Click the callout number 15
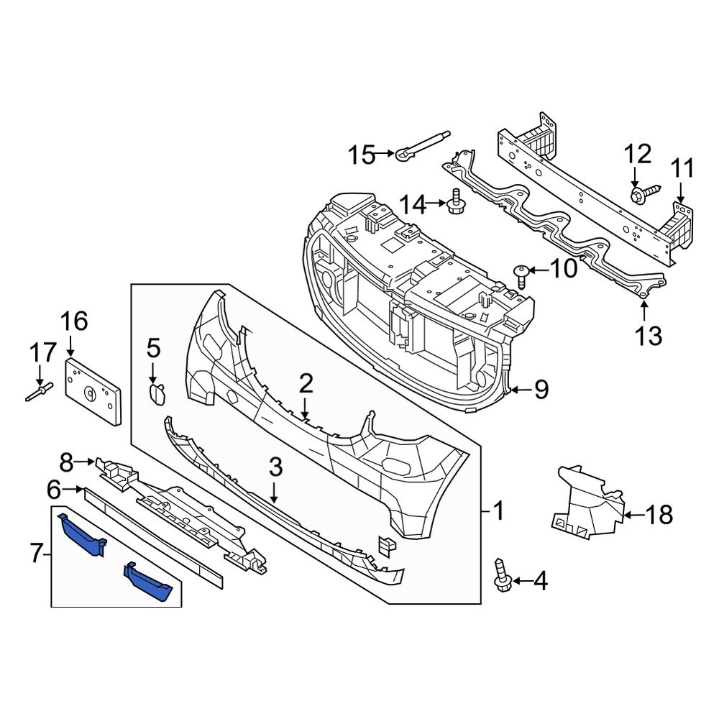[x=362, y=154]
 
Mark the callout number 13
[x=649, y=334]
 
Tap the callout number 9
[x=540, y=390]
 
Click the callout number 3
[x=275, y=469]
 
